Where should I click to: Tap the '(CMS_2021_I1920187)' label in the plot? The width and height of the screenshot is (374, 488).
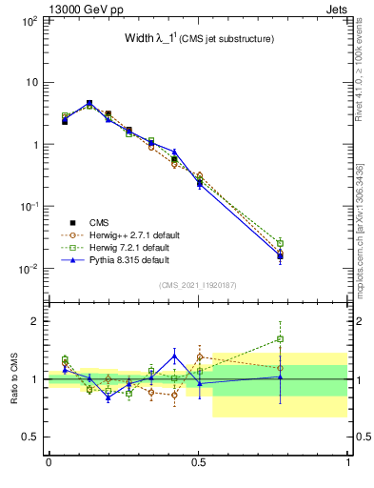coord(197,284)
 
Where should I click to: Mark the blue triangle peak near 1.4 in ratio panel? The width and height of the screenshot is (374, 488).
coord(174,356)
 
